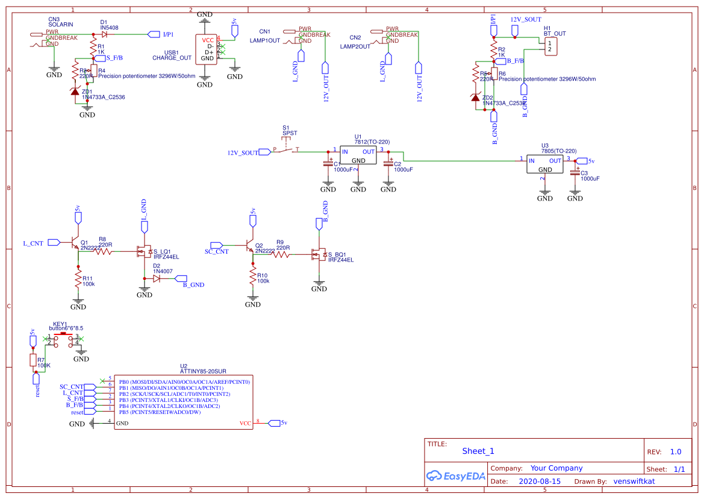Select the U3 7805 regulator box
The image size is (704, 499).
click(544, 165)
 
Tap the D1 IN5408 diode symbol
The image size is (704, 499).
click(105, 34)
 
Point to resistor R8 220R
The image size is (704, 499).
click(102, 252)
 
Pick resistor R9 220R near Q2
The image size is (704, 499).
click(281, 255)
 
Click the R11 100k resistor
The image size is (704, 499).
click(78, 280)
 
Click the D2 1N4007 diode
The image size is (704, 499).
click(157, 278)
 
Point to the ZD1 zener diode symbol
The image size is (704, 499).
click(75, 91)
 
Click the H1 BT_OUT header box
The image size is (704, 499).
click(550, 46)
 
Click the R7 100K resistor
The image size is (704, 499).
click(33, 360)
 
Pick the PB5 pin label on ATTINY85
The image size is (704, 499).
click(124, 412)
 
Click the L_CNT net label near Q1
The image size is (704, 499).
click(33, 243)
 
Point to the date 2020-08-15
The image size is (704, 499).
click(540, 482)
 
